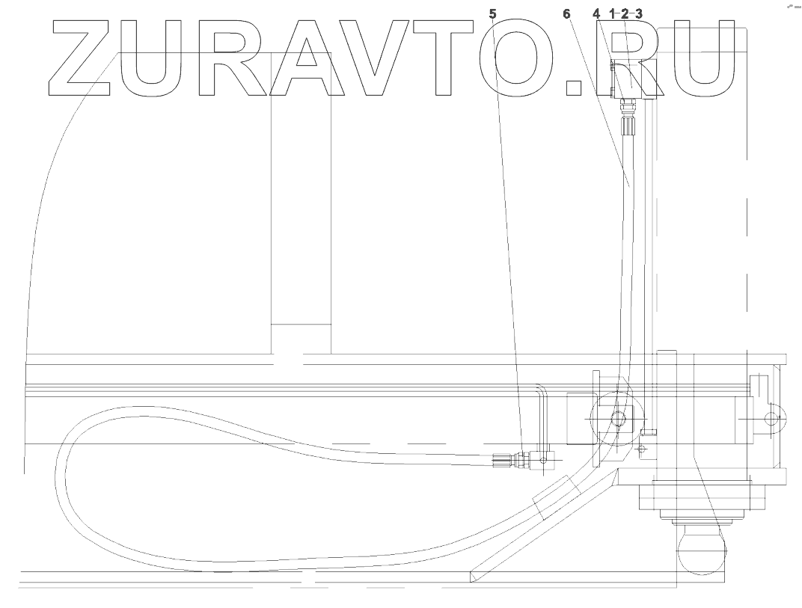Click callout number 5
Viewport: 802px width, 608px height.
tap(492, 13)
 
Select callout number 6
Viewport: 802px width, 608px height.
tap(566, 13)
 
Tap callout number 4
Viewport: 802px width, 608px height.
tap(596, 13)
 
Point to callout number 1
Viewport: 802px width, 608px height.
tap(613, 13)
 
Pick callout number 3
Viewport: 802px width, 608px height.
tap(638, 13)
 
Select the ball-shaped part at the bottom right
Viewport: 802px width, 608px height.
tap(701, 550)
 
